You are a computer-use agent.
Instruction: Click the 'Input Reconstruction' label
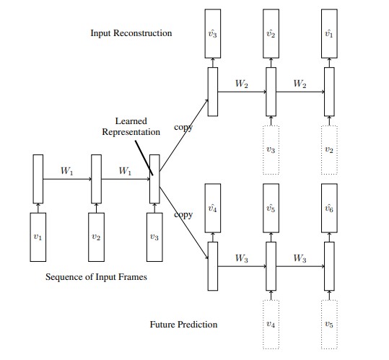click(131, 33)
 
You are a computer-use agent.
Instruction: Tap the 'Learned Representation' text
click(131, 126)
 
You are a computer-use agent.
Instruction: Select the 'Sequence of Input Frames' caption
click(96, 277)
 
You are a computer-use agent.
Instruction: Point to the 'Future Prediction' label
click(183, 325)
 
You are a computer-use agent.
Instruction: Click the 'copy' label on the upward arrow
click(183, 128)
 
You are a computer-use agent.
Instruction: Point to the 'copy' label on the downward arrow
click(183, 215)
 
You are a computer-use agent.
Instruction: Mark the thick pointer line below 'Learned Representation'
click(144, 158)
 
